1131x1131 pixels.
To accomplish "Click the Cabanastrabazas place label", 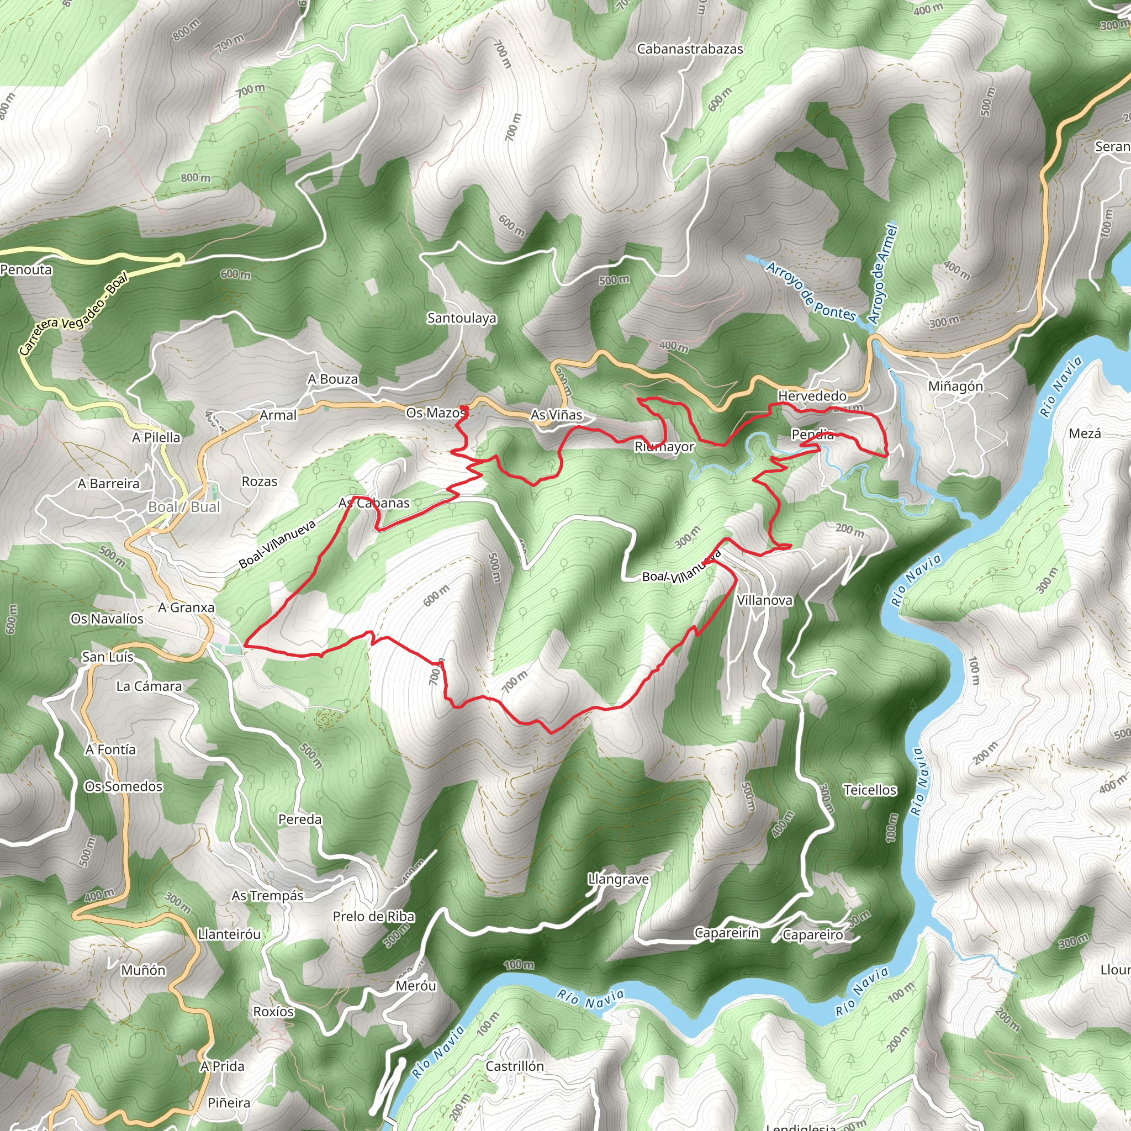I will pos(690,49).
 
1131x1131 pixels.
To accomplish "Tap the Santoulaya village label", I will pos(461,319).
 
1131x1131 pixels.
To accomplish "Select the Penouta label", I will pos(27,270).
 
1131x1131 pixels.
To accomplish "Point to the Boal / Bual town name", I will pos(184,507).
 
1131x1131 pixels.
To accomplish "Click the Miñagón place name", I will pos(955,387).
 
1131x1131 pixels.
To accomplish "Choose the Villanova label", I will pos(764,601).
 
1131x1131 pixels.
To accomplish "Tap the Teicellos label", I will pos(870,790).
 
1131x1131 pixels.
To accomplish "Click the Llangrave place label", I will pos(619,879).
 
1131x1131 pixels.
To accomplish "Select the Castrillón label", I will pos(515,1066).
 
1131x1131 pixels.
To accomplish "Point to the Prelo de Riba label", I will pos(373,917).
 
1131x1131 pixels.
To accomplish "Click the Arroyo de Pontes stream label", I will pos(811,292).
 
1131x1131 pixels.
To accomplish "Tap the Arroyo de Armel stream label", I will pos(883,275).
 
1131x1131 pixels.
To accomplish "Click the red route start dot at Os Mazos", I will pos(464,408).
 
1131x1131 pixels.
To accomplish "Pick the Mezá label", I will pos(1085,434).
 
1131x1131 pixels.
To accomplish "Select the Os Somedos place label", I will pos(124,787).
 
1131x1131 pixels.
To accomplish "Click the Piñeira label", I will pos(229,1103).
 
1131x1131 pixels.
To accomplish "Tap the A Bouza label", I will pos(332,379).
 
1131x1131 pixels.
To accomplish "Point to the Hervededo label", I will pos(812,397).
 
